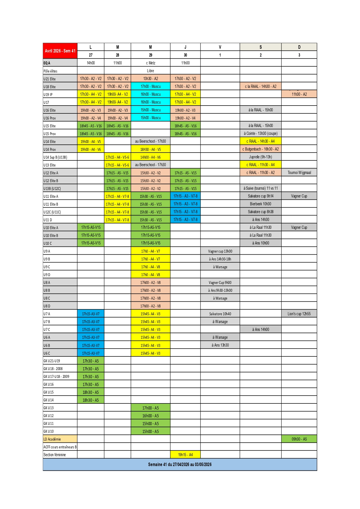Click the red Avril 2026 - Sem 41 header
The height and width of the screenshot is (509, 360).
pyautogui.click(x=60, y=51)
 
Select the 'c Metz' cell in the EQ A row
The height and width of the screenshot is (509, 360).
pyautogui.click(x=151, y=63)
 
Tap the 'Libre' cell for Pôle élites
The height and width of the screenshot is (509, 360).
pyautogui.click(x=151, y=71)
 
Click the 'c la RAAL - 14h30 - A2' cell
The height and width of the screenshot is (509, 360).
pyautogui.click(x=260, y=86)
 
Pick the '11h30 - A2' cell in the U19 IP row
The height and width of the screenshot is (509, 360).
pyautogui.click(x=299, y=94)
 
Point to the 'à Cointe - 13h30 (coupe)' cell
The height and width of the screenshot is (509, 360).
pyautogui.click(x=260, y=133)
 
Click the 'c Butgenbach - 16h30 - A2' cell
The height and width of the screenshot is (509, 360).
pyautogui.click(x=260, y=149)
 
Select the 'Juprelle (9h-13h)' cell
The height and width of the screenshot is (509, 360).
pyautogui.click(x=260, y=157)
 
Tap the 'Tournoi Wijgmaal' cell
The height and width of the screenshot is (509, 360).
pyautogui.click(x=299, y=173)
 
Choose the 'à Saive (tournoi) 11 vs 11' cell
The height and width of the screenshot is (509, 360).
pyautogui.click(x=260, y=188)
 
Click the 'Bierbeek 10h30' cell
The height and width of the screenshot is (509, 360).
pyautogui.click(x=260, y=204)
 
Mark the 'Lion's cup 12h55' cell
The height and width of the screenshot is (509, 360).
pyautogui.click(x=299, y=314)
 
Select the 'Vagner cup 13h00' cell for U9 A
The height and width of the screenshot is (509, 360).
pyautogui.click(x=220, y=251)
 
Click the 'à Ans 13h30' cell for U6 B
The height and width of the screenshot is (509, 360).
pyautogui.click(x=220, y=345)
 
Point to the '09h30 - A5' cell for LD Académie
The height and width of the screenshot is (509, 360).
pyautogui.click(x=299, y=439)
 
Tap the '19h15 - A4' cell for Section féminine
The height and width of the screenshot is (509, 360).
pyautogui.click(x=185, y=455)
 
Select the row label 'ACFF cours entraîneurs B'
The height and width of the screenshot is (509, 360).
pyautogui.click(x=60, y=447)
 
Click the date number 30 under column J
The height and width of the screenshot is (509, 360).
pyautogui.click(x=185, y=55)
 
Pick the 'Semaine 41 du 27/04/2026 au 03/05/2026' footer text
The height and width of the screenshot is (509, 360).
pyautogui.click(x=180, y=464)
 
